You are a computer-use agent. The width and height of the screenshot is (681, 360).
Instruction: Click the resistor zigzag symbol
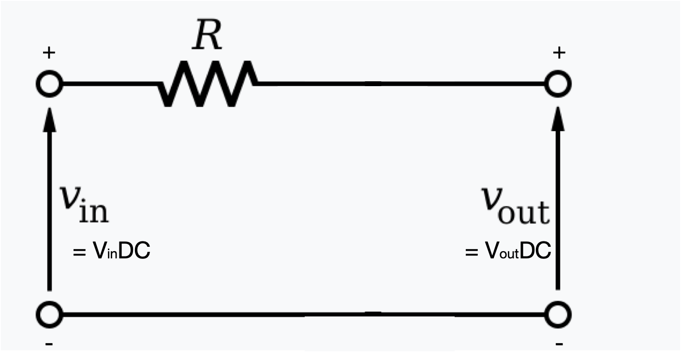point(207,84)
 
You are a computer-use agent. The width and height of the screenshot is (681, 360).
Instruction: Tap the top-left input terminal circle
point(49,84)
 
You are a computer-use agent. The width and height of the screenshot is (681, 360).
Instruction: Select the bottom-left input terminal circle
point(49,315)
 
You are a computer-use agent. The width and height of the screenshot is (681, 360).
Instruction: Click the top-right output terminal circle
point(559,84)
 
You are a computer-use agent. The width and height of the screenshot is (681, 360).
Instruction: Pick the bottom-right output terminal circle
point(559,315)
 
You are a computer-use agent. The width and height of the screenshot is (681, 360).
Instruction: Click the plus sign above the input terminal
point(48,52)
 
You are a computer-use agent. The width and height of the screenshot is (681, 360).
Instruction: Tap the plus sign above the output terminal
point(559,52)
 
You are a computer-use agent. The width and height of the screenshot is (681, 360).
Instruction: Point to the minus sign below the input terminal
point(48,344)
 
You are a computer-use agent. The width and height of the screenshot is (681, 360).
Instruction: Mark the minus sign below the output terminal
point(559,344)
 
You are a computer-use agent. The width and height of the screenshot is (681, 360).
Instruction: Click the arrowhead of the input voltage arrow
point(49,120)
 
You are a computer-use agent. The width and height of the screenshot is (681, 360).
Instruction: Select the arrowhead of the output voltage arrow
point(559,120)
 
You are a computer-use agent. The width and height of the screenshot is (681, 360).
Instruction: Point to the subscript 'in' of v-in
point(93,213)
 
